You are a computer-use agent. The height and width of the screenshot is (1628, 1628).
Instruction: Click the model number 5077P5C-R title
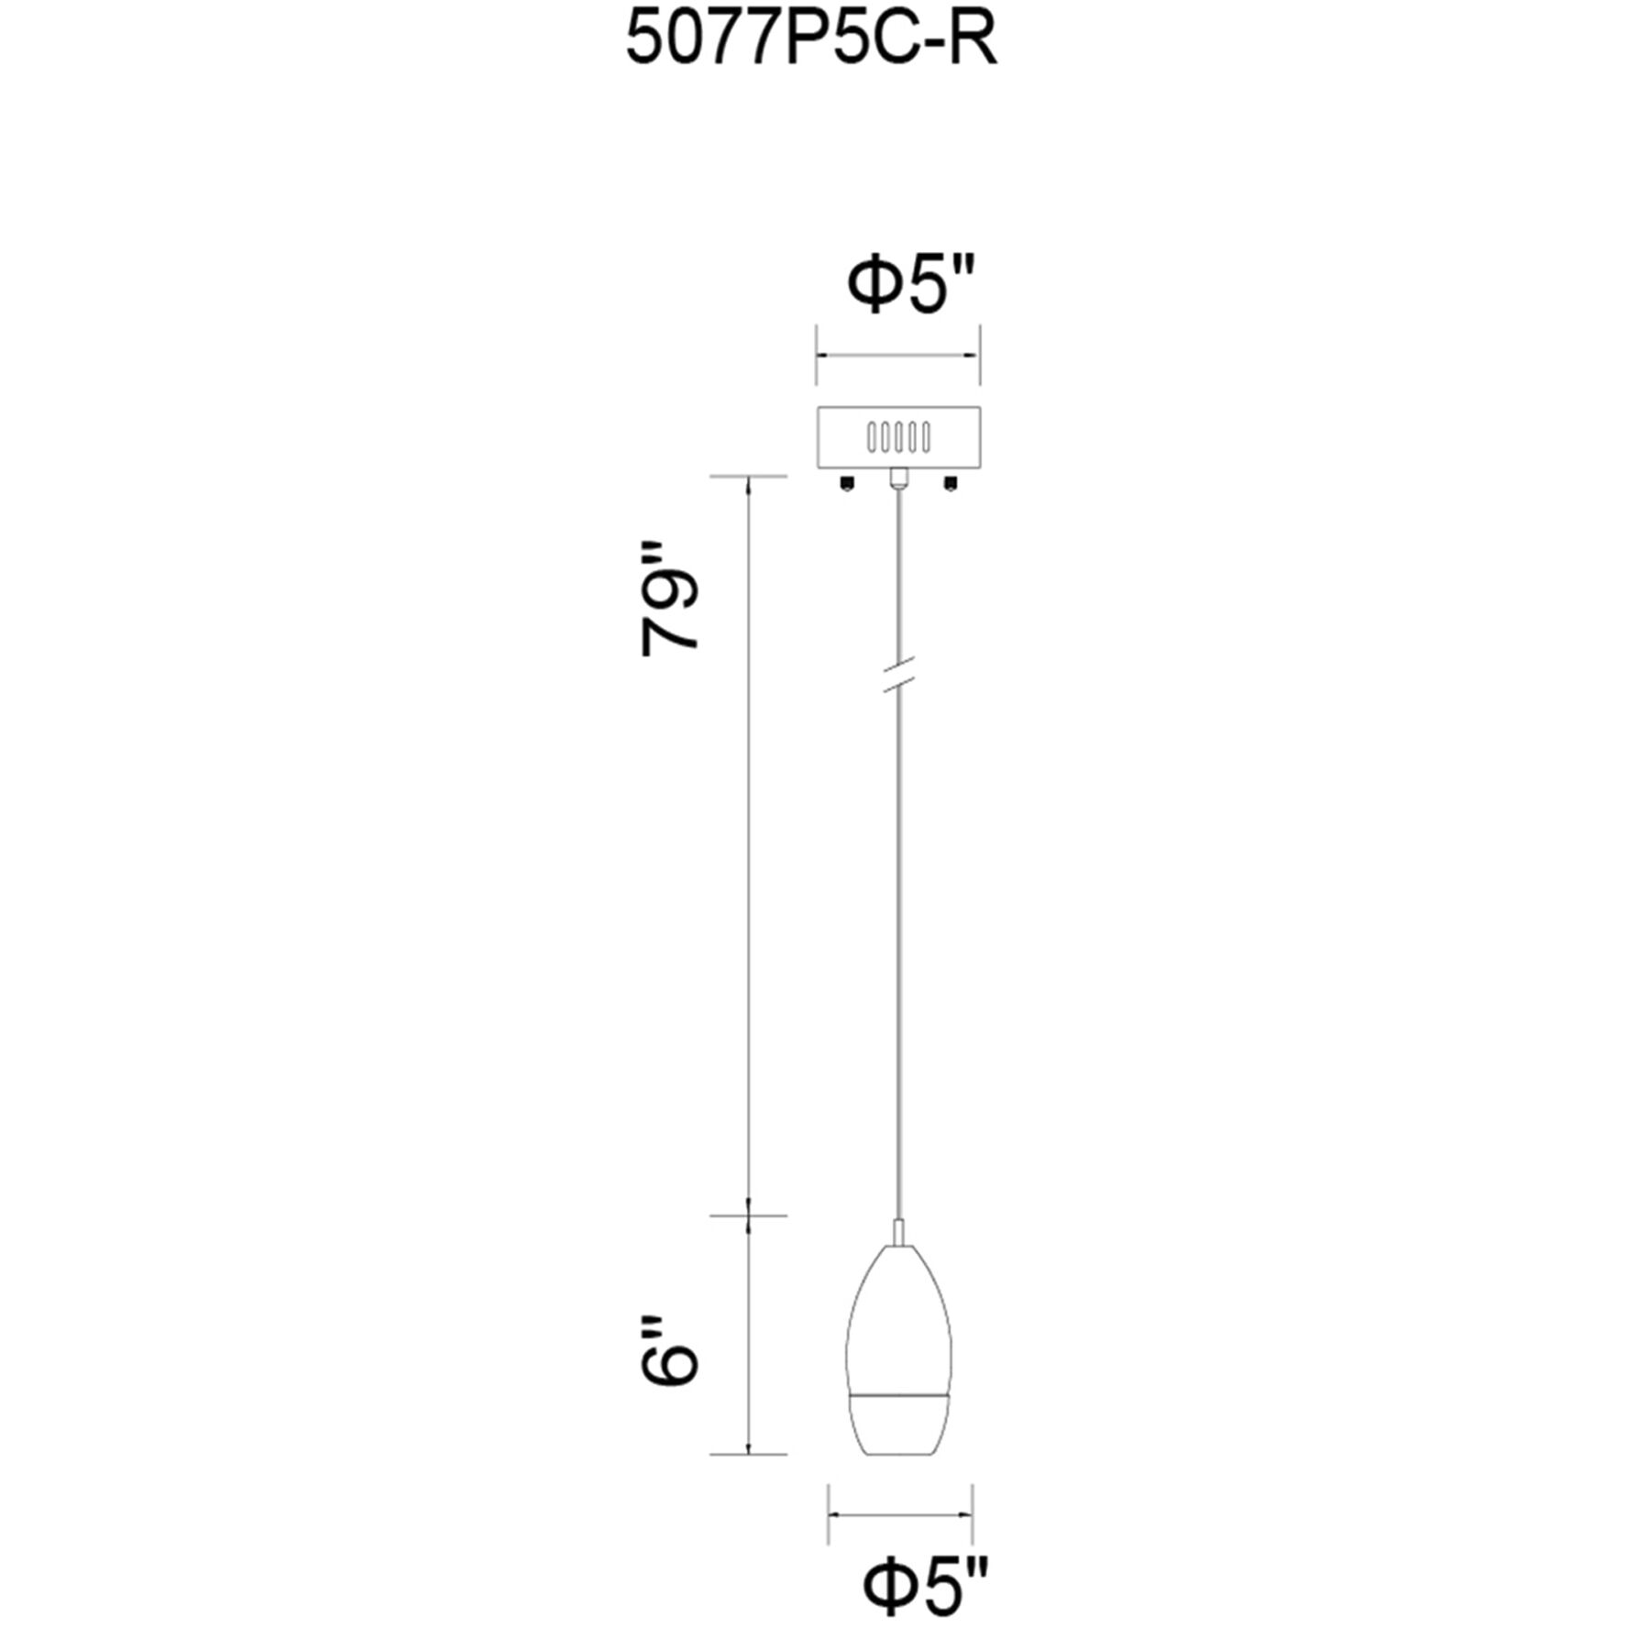810,41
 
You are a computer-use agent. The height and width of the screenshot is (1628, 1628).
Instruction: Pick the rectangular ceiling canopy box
898,437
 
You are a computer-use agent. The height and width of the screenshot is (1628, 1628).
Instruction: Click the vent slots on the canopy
898,437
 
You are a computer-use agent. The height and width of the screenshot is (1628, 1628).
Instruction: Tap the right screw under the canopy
950,482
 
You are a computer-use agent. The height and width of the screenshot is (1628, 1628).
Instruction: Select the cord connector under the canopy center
899,478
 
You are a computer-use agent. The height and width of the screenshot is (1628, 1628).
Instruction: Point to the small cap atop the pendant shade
899,1233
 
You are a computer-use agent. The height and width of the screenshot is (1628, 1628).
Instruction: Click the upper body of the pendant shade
899,1320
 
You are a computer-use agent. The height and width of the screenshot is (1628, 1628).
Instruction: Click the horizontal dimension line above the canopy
898,355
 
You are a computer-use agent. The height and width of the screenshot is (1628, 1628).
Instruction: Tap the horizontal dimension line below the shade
900,1514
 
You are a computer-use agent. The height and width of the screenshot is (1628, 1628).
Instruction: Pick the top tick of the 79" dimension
750,477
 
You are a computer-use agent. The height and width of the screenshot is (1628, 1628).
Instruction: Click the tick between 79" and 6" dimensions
750,1216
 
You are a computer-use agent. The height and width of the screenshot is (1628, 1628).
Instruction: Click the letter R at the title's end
973,41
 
